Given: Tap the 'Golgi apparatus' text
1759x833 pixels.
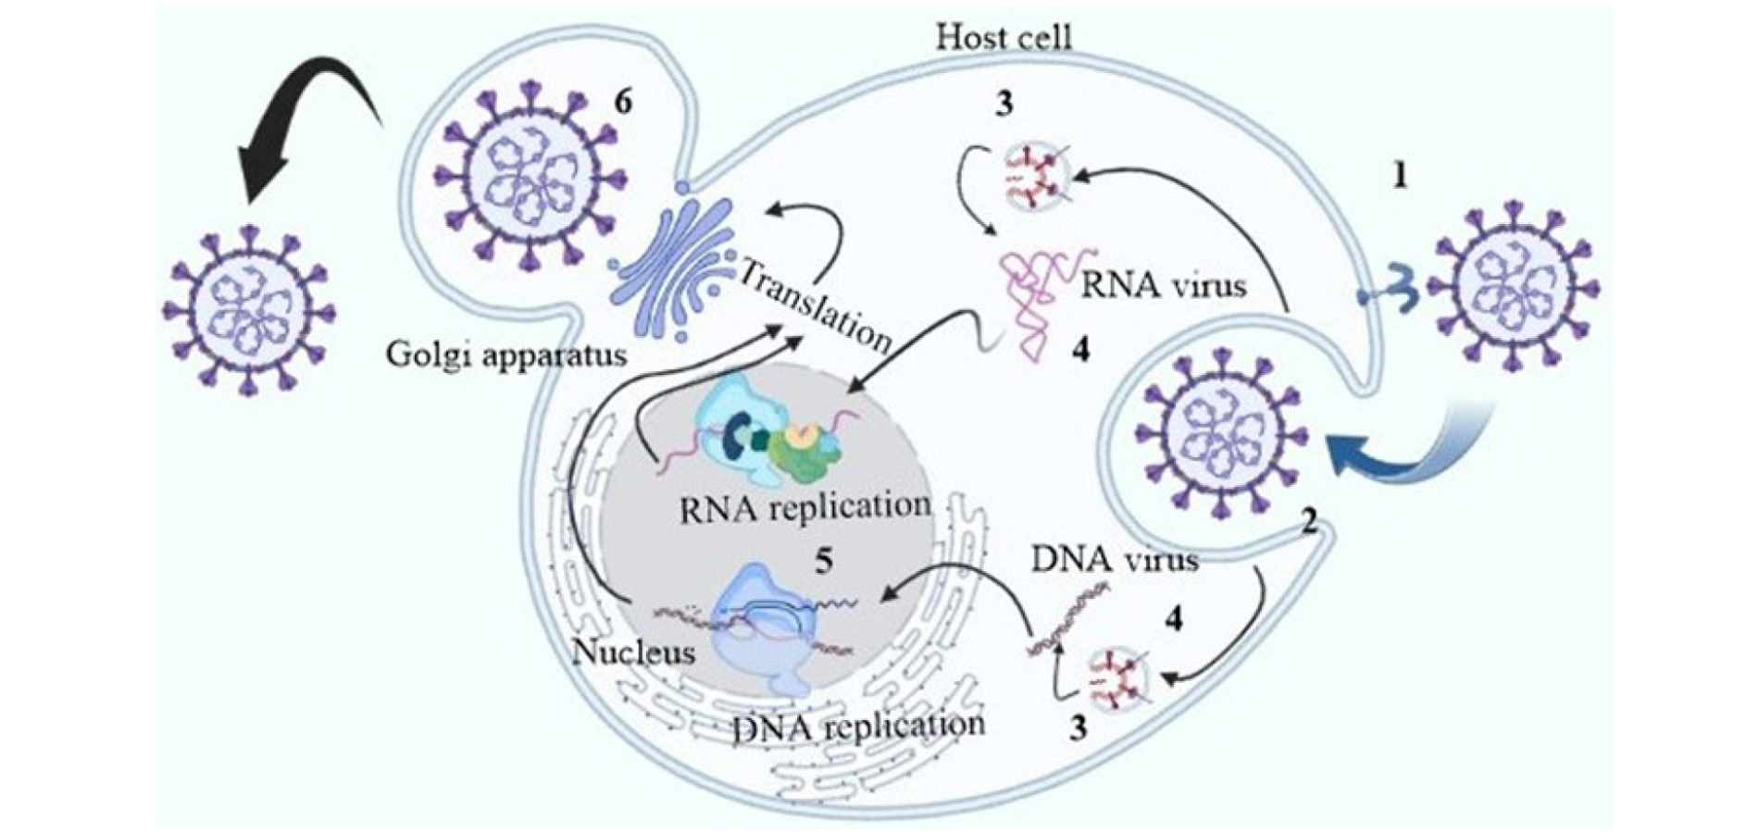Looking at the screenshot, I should coord(506,354).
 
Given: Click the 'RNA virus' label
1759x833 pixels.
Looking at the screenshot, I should coord(1162,285).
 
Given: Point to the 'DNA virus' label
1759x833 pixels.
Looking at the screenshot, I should coord(1114,560).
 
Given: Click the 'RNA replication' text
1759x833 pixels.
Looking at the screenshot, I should coord(805,507).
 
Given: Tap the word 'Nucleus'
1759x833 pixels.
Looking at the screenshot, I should coord(633,653).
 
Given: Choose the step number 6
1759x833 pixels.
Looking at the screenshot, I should coord(623,101).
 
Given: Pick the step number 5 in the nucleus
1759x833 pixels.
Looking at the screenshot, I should coord(823,561).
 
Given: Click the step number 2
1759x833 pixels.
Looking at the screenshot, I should coord(1308,522).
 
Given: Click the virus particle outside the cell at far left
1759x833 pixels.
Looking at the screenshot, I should coord(248,309).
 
